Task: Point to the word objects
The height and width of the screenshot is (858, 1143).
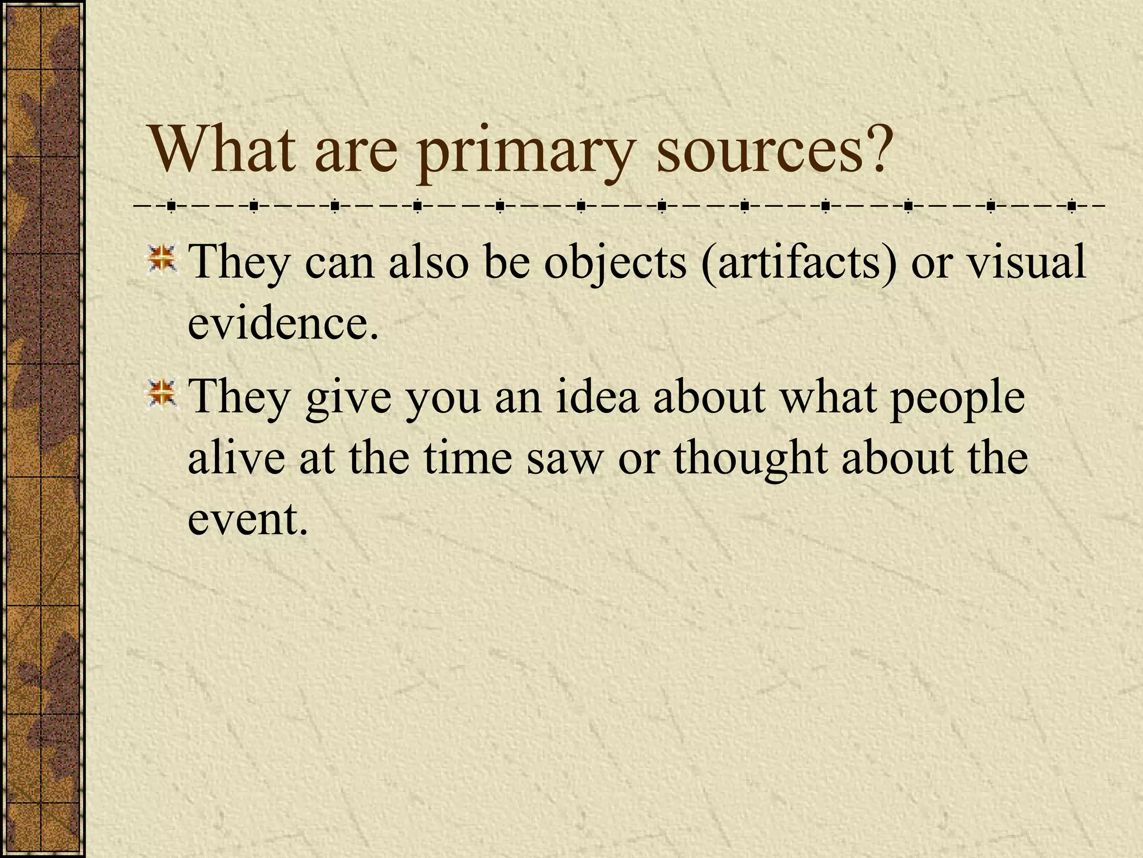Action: tap(615, 263)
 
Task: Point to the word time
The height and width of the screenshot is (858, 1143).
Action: tap(467, 458)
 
